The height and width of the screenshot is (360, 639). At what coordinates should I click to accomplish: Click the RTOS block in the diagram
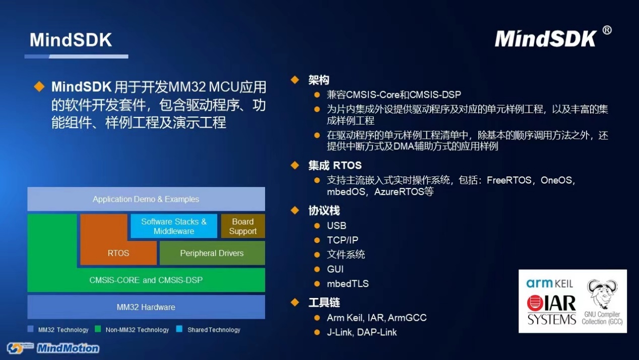pyautogui.click(x=118, y=253)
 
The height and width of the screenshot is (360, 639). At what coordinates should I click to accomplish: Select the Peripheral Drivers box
pyautogui.click(x=212, y=253)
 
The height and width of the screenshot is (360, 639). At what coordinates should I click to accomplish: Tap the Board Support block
pyautogui.click(x=243, y=226)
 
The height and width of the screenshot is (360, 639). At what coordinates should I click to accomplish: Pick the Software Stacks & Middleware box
pyautogui.click(x=174, y=226)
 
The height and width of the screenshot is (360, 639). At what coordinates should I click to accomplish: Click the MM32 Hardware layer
pyautogui.click(x=146, y=307)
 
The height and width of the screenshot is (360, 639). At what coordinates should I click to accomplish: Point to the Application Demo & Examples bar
pyautogui.click(x=146, y=199)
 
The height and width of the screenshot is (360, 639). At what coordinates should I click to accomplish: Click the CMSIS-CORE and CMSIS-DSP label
pyautogui.click(x=146, y=280)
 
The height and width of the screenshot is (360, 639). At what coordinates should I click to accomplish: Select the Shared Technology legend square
pyautogui.click(x=179, y=329)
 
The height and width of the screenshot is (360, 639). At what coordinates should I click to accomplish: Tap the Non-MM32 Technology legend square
pyautogui.click(x=98, y=329)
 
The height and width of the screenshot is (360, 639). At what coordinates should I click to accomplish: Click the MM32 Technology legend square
pyautogui.click(x=31, y=329)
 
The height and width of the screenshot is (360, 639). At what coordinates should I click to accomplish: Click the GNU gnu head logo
pyautogui.click(x=602, y=294)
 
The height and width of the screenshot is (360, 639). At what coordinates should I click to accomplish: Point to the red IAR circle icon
pyautogui.click(x=535, y=303)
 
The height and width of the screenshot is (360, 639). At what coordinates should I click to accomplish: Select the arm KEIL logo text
pyautogui.click(x=549, y=283)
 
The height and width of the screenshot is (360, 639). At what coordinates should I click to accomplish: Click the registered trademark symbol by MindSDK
pyautogui.click(x=607, y=30)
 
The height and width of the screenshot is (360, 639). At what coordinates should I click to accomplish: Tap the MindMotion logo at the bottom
pyautogui.click(x=53, y=348)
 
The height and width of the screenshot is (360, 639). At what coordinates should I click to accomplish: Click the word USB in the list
pyautogui.click(x=337, y=225)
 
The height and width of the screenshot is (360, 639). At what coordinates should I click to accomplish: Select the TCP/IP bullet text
pyautogui.click(x=342, y=240)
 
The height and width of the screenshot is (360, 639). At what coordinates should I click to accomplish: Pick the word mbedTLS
pyautogui.click(x=348, y=283)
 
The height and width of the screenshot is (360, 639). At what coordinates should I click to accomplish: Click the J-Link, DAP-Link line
pyautogui.click(x=362, y=332)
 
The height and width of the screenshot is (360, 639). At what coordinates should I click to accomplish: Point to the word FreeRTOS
pyautogui.click(x=509, y=180)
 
